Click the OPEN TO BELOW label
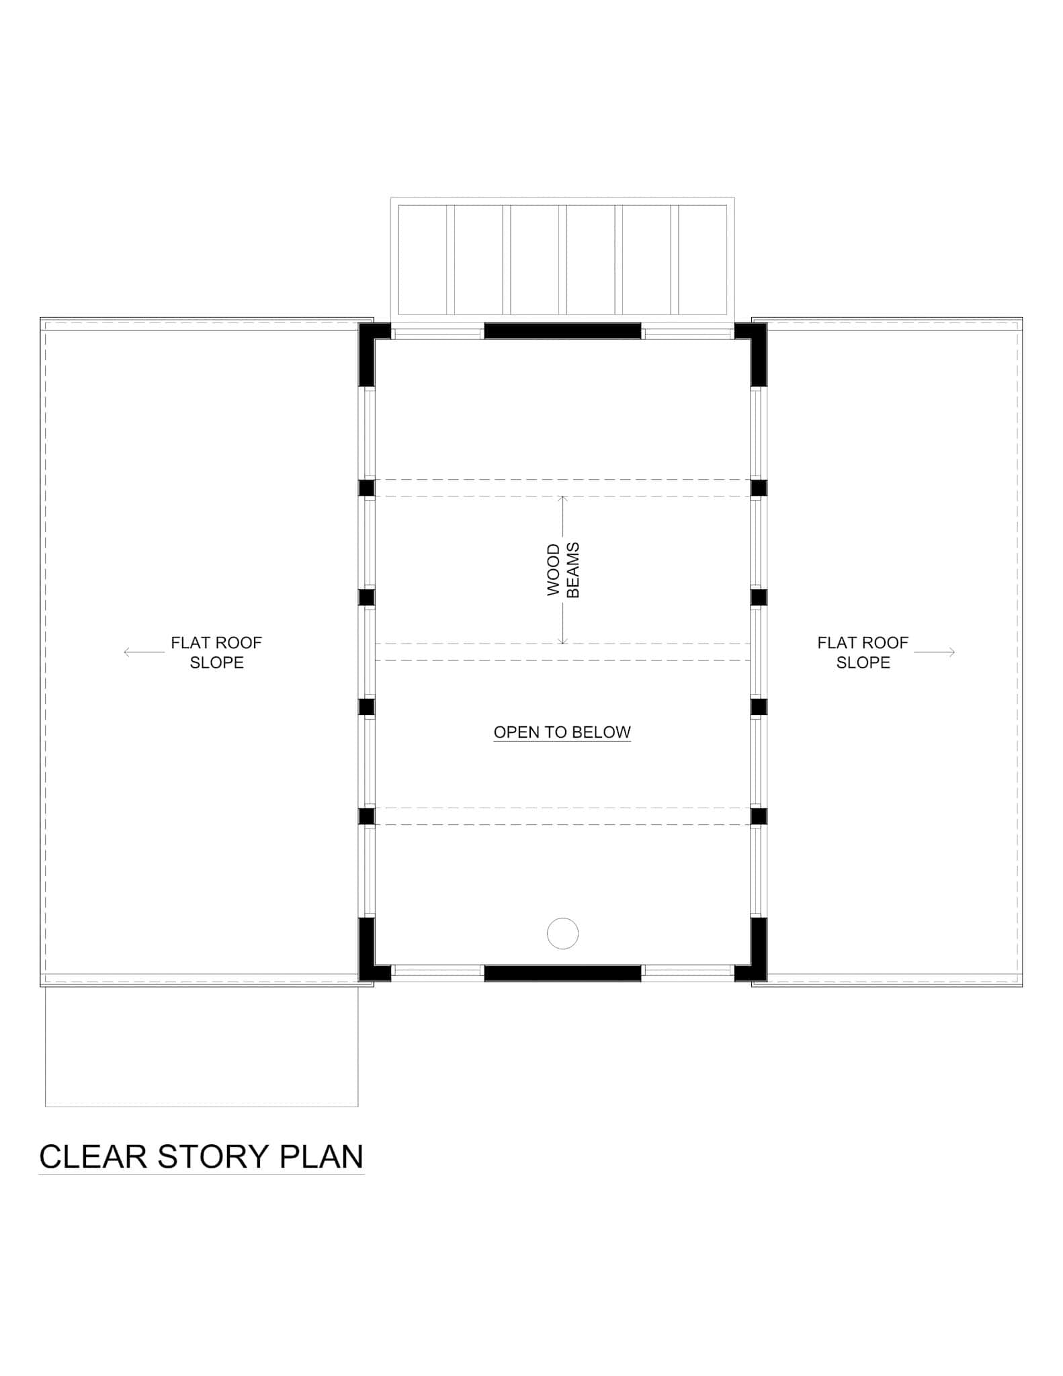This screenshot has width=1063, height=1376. coord(562,732)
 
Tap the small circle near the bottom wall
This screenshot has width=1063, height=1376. coord(562,933)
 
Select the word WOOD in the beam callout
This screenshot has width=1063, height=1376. coord(554,570)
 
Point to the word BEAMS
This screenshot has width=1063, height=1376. coord(573,570)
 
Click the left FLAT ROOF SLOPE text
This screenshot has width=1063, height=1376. coord(216,652)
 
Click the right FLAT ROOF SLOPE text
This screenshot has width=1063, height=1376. coord(863,652)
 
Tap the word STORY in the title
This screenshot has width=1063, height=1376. coord(212,1156)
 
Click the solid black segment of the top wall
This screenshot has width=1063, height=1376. coord(562,331)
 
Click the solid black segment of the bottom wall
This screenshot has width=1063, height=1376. coord(562,973)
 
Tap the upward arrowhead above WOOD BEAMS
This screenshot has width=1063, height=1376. coord(563,499)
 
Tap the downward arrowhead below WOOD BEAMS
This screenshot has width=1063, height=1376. coord(563,641)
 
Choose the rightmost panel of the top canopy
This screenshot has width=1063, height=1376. coord(702,259)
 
